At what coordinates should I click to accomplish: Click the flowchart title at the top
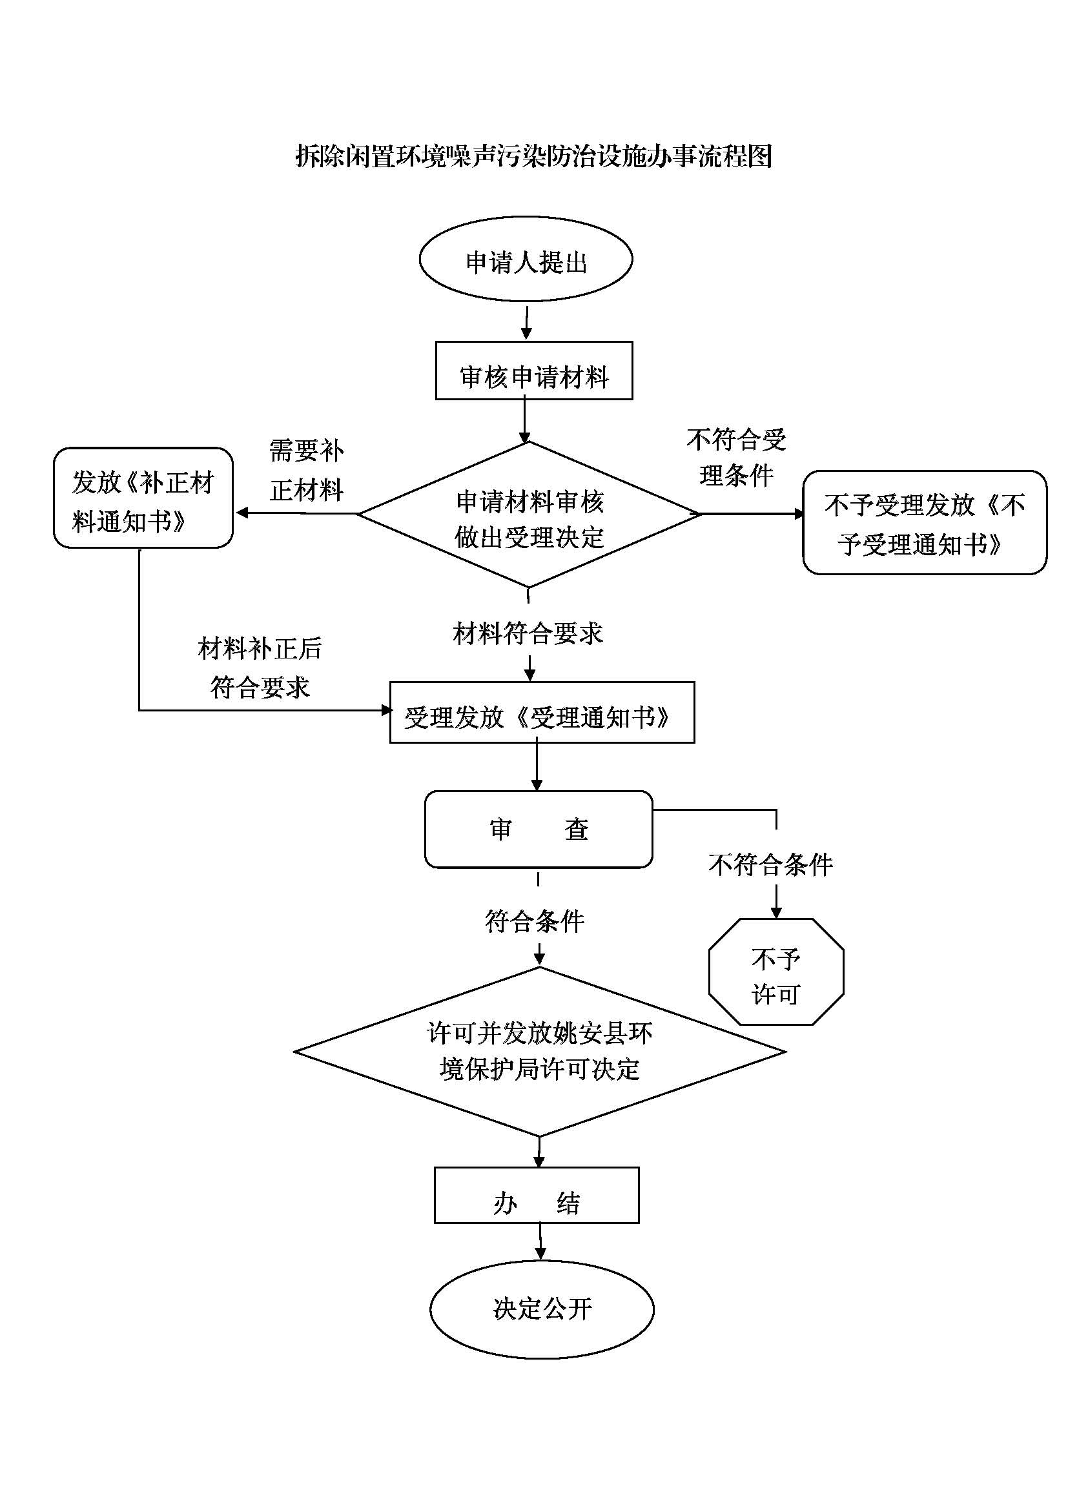tap(533, 156)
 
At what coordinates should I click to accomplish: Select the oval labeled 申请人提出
tap(526, 260)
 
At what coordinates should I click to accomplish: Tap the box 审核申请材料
tap(533, 371)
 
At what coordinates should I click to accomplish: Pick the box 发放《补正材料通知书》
tap(143, 498)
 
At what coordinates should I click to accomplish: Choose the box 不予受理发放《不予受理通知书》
tap(924, 523)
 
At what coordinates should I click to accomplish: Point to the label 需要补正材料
tap(307, 470)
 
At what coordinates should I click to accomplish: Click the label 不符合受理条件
tap(736, 457)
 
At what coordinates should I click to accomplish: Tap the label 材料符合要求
tap(528, 633)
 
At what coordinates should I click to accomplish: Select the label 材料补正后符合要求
tap(260, 668)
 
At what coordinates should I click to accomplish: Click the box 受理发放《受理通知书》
tap(541, 713)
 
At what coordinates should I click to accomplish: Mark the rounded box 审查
tap(538, 830)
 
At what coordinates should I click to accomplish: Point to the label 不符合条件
tap(770, 864)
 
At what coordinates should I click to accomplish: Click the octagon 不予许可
tap(775, 972)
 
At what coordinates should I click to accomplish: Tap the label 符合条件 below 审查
tap(534, 921)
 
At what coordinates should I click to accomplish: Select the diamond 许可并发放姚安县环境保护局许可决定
tap(539, 1051)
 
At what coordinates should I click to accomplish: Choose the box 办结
tap(536, 1196)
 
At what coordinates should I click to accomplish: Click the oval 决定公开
tap(542, 1309)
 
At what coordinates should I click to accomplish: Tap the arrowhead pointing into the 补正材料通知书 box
tap(241, 513)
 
